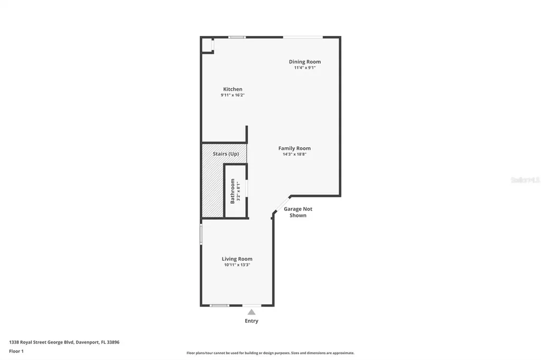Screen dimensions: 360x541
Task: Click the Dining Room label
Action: (304, 62)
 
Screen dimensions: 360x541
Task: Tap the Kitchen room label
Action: (232, 89)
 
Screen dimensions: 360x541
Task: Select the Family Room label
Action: (294, 148)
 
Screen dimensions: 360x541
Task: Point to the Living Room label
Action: (237, 259)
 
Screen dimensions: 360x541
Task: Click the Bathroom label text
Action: (232, 191)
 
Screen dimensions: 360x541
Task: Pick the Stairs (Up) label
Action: (226, 154)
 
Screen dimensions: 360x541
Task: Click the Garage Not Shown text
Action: (298, 212)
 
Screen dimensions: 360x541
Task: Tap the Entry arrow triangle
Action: (251, 312)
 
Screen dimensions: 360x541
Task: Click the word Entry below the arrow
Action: (251, 321)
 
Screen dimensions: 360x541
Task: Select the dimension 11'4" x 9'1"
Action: (304, 68)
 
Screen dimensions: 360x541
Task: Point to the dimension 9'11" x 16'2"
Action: (232, 95)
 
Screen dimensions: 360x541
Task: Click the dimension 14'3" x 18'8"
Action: (294, 154)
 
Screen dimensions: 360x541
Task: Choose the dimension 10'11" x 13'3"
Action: (237, 265)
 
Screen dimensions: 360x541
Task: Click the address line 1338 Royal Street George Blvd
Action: (64, 342)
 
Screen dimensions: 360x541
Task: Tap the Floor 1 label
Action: (16, 350)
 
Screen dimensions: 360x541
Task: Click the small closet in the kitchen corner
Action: (207, 45)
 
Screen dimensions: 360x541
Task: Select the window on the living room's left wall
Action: (201, 234)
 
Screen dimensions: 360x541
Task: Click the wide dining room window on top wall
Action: (303, 37)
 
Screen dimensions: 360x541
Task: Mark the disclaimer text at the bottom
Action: (270, 353)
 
